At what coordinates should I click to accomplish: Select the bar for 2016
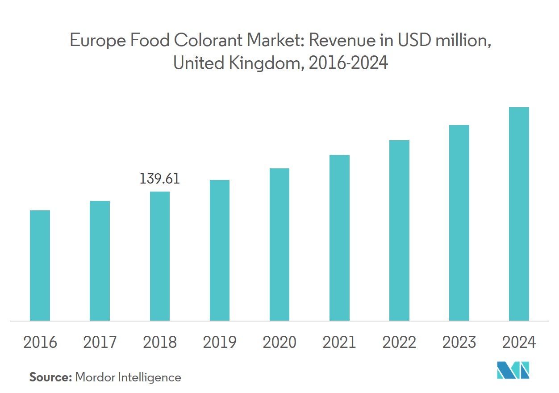[40, 265]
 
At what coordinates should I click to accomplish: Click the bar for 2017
[100, 261]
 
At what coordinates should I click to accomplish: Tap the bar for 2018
[159, 256]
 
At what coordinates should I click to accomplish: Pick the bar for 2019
[219, 250]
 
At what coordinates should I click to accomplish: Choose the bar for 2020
[279, 244]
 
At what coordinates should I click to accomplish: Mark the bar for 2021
[339, 238]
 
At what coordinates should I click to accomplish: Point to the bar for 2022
[399, 230]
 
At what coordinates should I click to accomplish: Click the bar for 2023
[459, 223]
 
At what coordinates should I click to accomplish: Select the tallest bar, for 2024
[519, 214]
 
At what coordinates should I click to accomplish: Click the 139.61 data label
[160, 179]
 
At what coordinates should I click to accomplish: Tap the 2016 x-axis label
[40, 343]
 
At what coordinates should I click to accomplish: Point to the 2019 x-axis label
[219, 343]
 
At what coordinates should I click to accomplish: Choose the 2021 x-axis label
[339, 343]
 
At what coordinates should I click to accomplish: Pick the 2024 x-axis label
[519, 343]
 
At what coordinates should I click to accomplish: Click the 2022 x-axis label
[399, 343]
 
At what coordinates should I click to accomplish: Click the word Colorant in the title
[203, 41]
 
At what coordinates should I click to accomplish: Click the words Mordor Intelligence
[128, 377]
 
